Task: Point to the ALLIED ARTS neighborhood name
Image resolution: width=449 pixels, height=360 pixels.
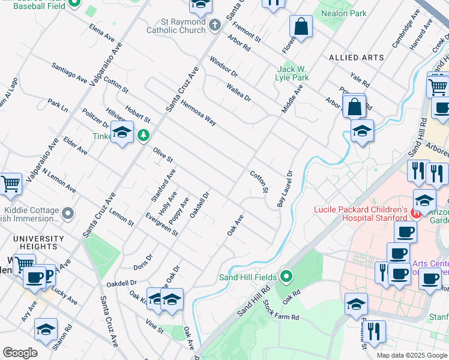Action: (x=357, y=58)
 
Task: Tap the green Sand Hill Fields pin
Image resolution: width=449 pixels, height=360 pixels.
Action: (x=287, y=277)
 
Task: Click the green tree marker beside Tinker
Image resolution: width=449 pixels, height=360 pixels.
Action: (x=143, y=136)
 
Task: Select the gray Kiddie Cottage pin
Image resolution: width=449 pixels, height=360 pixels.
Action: (x=68, y=213)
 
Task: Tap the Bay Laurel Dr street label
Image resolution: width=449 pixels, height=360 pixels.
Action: (x=285, y=189)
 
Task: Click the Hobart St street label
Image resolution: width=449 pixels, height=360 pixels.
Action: (x=137, y=115)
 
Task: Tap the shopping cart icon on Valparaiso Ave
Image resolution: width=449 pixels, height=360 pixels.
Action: (x=10, y=185)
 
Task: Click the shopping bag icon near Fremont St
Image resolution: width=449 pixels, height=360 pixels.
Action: (x=301, y=28)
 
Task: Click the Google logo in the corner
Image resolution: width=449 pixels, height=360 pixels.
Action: (x=20, y=353)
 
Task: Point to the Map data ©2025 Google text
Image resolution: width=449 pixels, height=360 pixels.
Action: (x=411, y=355)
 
